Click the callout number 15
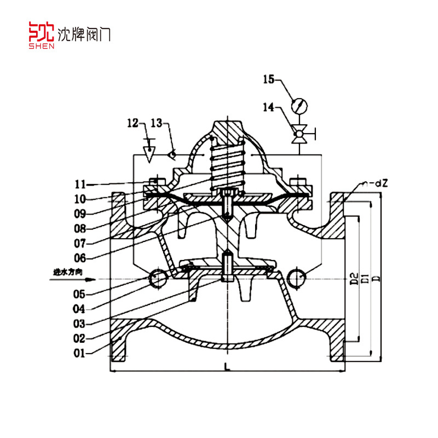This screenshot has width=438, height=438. pos(269,80)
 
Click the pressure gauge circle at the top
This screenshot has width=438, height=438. pos(299,105)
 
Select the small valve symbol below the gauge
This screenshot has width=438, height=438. pos(299,133)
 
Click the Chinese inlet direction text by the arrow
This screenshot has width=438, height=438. pos(64,272)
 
